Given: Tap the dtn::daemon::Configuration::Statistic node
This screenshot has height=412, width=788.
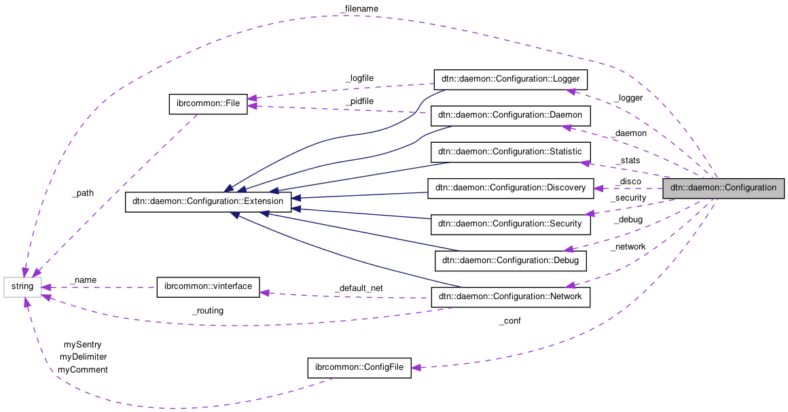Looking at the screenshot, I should (x=510, y=152).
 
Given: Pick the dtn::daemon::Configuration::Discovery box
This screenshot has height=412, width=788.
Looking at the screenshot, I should (x=510, y=188).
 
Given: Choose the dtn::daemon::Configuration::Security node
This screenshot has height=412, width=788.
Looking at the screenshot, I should (x=510, y=223).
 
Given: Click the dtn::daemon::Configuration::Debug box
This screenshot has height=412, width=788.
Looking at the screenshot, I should (x=510, y=260).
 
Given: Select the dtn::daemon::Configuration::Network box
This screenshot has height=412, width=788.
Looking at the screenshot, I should (x=510, y=296).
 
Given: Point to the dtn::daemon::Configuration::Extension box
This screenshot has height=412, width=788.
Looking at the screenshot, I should (x=209, y=202).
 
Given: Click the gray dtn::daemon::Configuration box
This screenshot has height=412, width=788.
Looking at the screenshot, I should (x=723, y=188).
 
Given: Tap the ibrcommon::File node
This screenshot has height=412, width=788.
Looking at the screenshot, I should (x=208, y=104).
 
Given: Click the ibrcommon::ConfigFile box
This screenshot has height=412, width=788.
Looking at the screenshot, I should (x=359, y=368).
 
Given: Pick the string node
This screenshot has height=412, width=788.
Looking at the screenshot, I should (x=22, y=287).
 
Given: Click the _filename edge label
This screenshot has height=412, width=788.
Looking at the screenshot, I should (x=359, y=8).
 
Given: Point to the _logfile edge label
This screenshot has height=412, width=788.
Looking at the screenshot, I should (x=359, y=78).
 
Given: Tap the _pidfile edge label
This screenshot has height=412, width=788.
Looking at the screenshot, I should (x=359, y=101).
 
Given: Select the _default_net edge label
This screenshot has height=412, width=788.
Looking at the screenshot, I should (x=359, y=288).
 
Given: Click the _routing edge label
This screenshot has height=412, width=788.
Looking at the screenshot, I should (x=207, y=311).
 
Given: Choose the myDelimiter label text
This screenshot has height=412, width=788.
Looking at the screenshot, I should (x=83, y=356).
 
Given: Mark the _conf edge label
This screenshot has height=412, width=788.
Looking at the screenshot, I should (x=509, y=321).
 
